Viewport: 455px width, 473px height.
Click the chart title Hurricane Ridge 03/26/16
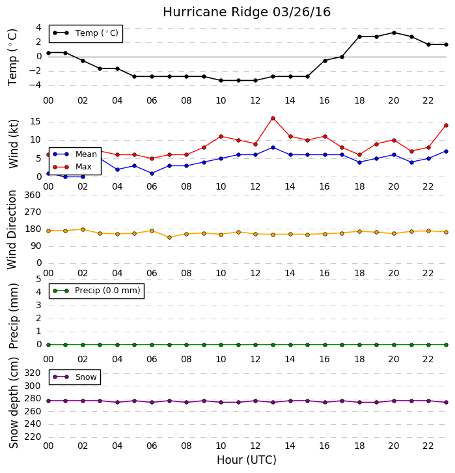pyautogui.click(x=247, y=12)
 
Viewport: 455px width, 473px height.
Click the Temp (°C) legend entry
pyautogui.click(x=86, y=33)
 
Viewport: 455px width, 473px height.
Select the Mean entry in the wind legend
pyautogui.click(x=75, y=154)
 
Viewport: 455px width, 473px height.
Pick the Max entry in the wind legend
pyautogui.click(x=72, y=167)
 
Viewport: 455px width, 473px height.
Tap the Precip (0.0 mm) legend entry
pyautogui.click(x=96, y=291)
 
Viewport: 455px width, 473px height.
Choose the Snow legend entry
pyautogui.click(x=74, y=377)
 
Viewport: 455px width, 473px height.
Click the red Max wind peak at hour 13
pyautogui.click(x=273, y=119)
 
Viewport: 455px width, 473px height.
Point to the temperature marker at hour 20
pyautogui.click(x=394, y=33)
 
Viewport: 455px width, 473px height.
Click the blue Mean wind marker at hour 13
pyautogui.click(x=273, y=147)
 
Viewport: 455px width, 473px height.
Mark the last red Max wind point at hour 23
pyautogui.click(x=447, y=126)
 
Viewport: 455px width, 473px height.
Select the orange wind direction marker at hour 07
pyautogui.click(x=170, y=237)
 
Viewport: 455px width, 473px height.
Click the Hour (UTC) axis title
pyautogui.click(x=247, y=460)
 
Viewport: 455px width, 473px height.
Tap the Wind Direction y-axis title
pyautogui.click(x=12, y=229)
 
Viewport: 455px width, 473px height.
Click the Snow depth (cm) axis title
pyautogui.click(x=14, y=403)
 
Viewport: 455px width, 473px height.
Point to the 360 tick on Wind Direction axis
pyautogui.click(x=33, y=195)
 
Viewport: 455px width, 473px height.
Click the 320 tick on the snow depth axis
pyautogui.click(x=33, y=373)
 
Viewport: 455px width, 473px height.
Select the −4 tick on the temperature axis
pyautogui.click(x=35, y=85)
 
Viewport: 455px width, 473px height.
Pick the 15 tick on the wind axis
pyautogui.click(x=36, y=122)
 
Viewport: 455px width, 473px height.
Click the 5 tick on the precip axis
pyautogui.click(x=38, y=279)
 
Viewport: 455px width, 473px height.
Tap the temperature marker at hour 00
pyautogui.click(x=49, y=53)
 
